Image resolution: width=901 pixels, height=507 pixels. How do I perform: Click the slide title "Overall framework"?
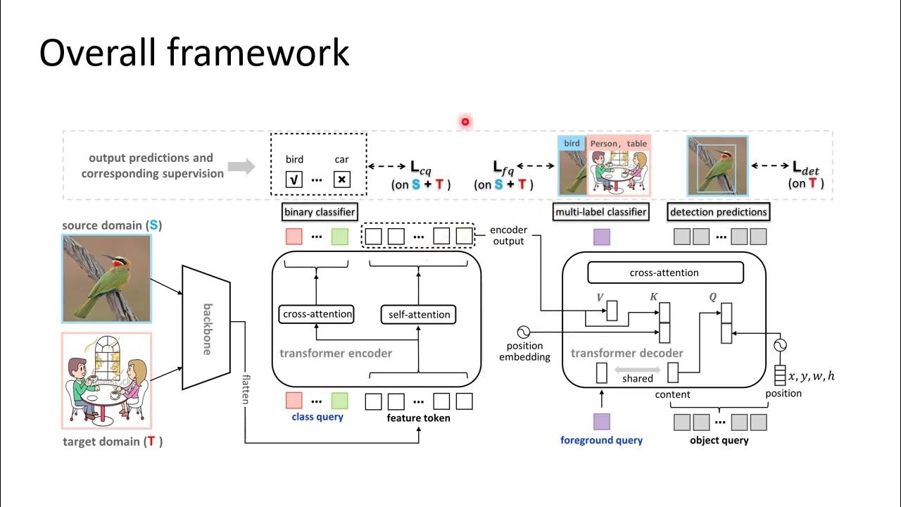click(x=194, y=54)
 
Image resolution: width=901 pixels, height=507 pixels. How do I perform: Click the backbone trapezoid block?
click(x=206, y=327)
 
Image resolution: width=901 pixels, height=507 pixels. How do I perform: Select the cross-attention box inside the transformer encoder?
click(x=316, y=314)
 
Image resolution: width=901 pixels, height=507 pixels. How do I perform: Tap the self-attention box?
click(x=419, y=314)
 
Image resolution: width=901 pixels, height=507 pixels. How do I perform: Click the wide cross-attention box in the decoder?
click(x=664, y=273)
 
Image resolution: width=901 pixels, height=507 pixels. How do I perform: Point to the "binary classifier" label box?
click(x=320, y=212)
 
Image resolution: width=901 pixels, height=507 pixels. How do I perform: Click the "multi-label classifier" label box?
click(x=601, y=212)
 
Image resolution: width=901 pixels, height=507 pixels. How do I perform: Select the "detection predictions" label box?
click(x=718, y=212)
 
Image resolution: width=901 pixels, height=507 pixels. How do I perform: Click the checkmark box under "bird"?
click(x=294, y=180)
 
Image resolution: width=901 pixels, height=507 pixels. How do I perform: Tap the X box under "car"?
click(x=341, y=180)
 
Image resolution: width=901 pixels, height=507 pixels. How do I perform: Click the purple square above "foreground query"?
click(x=601, y=422)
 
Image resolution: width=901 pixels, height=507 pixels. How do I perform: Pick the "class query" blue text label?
click(x=317, y=417)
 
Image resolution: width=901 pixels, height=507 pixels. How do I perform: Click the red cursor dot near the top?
click(x=465, y=122)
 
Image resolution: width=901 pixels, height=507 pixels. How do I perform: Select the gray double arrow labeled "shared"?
click(x=637, y=370)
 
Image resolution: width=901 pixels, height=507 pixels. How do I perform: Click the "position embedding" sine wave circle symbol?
click(x=524, y=332)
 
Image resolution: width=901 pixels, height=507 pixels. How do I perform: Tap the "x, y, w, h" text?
click(x=811, y=376)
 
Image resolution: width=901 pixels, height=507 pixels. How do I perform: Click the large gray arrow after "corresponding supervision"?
click(x=241, y=166)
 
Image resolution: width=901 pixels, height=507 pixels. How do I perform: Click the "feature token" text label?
click(x=418, y=418)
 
